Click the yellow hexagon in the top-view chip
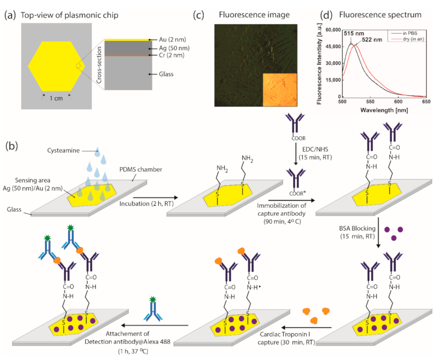point(56,66)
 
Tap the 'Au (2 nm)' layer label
point(172,40)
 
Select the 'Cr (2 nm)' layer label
point(171,55)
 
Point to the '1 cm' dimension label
point(56,98)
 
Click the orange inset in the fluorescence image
point(280,90)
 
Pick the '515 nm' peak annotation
point(354,34)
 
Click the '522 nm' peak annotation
point(372,40)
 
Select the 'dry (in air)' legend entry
point(413,39)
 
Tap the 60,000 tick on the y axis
point(333,30)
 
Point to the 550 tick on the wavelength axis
point(370,102)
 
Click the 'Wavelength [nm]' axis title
point(384,110)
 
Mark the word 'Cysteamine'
point(63,151)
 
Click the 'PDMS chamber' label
point(141,169)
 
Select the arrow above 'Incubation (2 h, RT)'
point(155,198)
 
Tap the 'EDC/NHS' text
point(315,149)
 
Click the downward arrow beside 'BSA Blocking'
point(378,232)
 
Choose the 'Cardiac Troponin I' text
point(285,334)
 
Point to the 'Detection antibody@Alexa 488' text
point(127,342)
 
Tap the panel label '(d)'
point(326,15)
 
